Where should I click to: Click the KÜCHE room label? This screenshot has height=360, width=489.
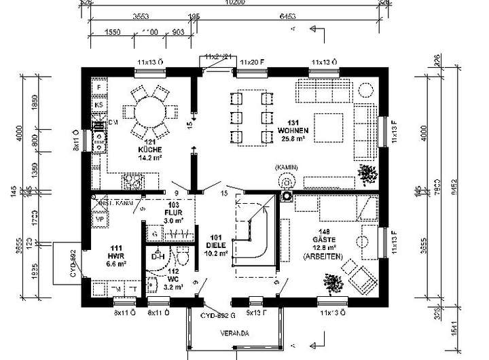[149, 149]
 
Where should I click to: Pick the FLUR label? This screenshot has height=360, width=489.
[155, 212]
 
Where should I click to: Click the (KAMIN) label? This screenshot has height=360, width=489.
[286, 167]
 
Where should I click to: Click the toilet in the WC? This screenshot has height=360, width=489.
[181, 257]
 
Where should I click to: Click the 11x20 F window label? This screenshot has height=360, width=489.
[251, 62]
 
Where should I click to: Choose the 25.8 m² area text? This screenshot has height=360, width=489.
[293, 139]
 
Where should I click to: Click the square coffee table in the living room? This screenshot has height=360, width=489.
[329, 125]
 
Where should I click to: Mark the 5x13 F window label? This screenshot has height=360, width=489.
[256, 314]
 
